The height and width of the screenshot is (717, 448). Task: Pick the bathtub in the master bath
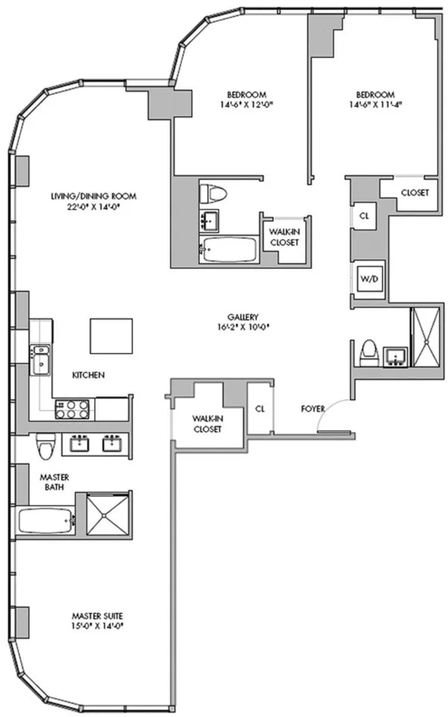[46, 519]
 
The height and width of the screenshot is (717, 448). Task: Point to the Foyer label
[312, 408]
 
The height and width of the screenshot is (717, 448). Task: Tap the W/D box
[368, 278]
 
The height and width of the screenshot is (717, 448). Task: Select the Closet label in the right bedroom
[414, 192]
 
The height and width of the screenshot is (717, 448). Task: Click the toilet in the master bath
[45, 446]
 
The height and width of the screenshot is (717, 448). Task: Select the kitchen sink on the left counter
[40, 360]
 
